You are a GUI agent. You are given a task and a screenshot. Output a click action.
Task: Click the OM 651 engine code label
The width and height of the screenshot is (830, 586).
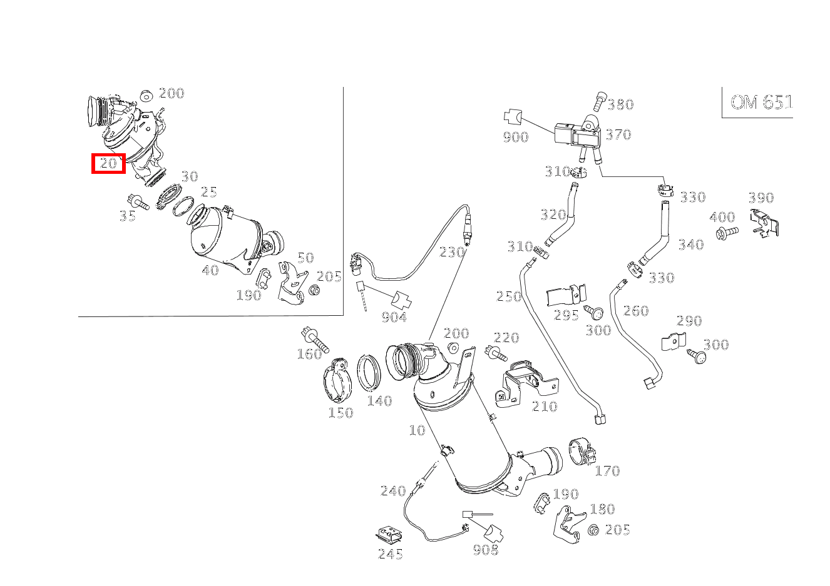pyautogui.click(x=761, y=102)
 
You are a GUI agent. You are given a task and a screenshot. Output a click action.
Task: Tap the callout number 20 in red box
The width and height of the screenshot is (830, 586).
pyautogui.click(x=108, y=163)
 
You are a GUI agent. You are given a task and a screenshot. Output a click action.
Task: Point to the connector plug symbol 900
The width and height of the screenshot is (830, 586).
pyautogui.click(x=512, y=116)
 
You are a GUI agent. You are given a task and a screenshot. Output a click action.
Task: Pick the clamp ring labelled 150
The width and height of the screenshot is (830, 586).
pyautogui.click(x=337, y=380)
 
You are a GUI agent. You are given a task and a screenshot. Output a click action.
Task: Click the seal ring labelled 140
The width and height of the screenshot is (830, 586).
pyautogui.click(x=369, y=373)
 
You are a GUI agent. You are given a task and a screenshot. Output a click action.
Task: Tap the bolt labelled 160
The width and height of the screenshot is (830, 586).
pyautogui.click(x=315, y=339)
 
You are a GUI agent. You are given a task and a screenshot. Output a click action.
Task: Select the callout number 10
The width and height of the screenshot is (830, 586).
pyautogui.click(x=417, y=430)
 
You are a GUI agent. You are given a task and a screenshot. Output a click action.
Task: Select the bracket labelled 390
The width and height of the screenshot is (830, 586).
pyautogui.click(x=764, y=223)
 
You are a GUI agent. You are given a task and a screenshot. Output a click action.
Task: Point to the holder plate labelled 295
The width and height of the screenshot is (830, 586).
pyautogui.click(x=566, y=295)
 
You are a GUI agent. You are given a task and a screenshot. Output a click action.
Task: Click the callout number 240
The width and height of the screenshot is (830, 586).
pyautogui.click(x=393, y=491)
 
